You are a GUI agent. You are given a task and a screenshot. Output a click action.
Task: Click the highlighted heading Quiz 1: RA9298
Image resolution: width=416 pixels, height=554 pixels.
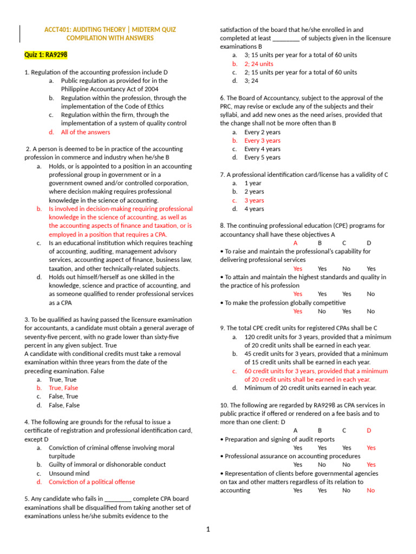tap(46, 55)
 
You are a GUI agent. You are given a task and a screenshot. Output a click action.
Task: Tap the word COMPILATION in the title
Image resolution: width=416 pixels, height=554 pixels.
tap(88, 38)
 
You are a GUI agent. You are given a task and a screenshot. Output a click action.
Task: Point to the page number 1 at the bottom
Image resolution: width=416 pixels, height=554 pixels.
tap(207, 529)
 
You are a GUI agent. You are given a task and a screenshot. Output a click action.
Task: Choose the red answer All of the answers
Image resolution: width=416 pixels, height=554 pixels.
tap(85, 132)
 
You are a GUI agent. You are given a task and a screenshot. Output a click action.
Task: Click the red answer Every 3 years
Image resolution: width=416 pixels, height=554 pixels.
tap(262, 141)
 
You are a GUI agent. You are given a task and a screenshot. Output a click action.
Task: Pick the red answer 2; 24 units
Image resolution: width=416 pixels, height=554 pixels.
tap(258, 64)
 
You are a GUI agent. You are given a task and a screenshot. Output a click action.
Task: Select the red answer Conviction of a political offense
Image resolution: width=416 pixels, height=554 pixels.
tap(92, 482)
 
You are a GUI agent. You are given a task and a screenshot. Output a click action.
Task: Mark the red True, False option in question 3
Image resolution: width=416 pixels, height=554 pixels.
tap(63, 388)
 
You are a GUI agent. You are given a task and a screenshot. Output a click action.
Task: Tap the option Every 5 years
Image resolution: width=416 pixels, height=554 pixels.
tap(262, 157)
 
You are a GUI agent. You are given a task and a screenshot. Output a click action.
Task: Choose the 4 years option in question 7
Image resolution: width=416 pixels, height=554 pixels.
tap(254, 209)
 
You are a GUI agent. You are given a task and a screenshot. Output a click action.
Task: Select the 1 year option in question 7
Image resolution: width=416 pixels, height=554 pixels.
tap(253, 183)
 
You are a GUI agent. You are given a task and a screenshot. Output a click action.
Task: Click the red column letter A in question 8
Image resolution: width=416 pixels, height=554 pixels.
tap(295, 243)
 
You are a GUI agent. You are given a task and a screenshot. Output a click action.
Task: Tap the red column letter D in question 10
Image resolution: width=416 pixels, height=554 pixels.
tap(369, 431)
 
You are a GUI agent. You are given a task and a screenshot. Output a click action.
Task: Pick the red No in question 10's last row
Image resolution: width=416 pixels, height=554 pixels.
tap(370, 490)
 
